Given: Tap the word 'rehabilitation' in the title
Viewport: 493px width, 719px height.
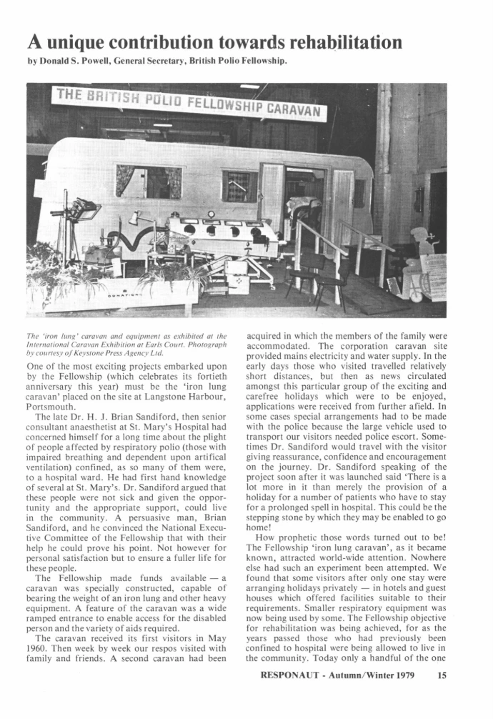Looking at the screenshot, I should (x=341, y=42).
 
